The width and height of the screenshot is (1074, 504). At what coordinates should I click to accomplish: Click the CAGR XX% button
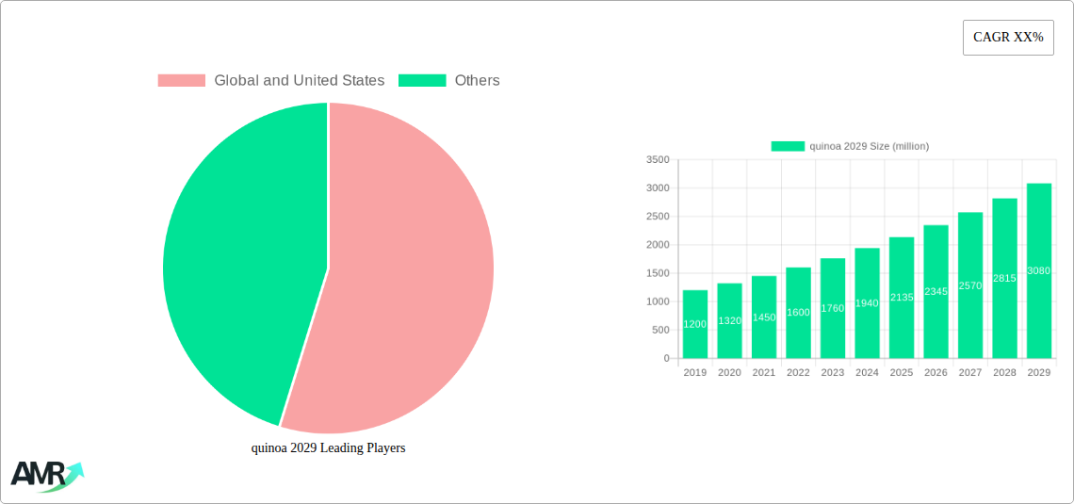(x=1007, y=38)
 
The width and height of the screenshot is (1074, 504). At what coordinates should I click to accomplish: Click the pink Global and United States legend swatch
(x=181, y=81)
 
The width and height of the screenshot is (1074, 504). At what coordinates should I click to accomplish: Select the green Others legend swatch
(x=421, y=81)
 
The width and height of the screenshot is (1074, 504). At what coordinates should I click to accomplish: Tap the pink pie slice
(x=415, y=283)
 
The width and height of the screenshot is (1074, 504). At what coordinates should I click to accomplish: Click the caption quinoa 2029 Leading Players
(x=328, y=448)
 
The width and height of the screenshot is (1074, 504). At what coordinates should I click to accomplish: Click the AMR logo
(x=46, y=476)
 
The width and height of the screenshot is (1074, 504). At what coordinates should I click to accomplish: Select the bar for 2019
(x=695, y=324)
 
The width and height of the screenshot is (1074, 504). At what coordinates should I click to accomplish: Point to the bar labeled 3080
(x=1038, y=270)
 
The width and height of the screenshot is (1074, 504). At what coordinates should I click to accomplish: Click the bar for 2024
(x=867, y=303)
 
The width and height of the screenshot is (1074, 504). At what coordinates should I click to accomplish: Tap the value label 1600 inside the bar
(x=798, y=313)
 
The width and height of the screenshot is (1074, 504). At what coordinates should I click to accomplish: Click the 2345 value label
(x=936, y=292)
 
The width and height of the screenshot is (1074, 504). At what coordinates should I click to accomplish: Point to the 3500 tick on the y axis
(x=658, y=160)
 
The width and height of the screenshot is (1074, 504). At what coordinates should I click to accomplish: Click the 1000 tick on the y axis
(x=658, y=302)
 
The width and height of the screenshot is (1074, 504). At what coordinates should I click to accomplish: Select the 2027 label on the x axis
(x=969, y=373)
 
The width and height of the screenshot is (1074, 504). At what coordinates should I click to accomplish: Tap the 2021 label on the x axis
(x=764, y=373)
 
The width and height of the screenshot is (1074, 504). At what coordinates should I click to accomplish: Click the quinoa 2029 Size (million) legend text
(x=869, y=146)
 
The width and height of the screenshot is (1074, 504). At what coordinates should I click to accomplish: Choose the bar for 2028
(x=1004, y=278)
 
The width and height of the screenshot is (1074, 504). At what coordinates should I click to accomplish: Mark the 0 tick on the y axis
(x=666, y=359)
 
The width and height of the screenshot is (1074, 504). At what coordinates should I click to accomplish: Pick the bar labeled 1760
(x=833, y=308)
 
